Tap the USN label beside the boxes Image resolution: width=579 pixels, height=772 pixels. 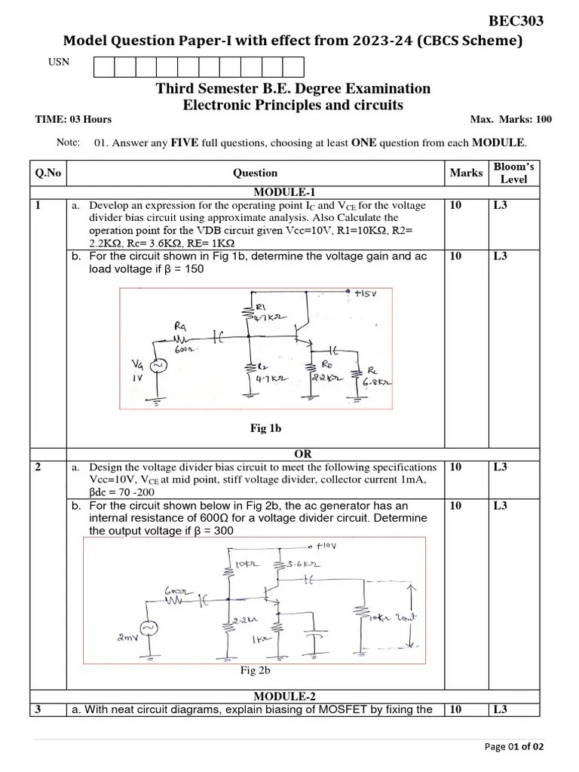[59, 62]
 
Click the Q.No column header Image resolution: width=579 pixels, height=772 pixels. [47, 173]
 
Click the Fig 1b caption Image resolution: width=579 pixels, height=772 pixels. [265, 428]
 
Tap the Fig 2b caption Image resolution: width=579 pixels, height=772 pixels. [255, 669]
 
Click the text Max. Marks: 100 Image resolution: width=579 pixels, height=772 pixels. [510, 119]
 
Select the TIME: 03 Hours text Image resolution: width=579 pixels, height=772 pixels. [73, 119]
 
